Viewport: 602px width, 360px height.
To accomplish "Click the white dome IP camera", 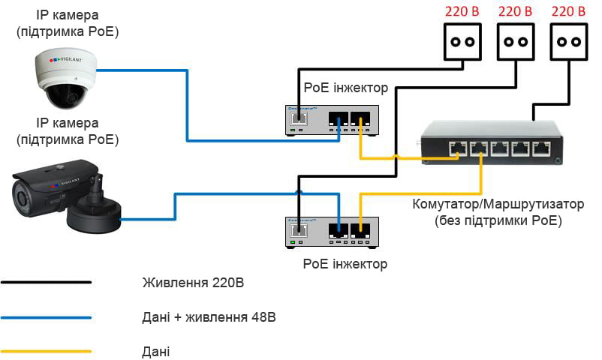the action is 65,78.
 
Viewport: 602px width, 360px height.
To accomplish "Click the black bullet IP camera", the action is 66,196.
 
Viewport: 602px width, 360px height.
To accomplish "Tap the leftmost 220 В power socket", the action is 462,42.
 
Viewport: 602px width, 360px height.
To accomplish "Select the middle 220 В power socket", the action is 516,42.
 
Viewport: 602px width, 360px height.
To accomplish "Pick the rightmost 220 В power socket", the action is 569,42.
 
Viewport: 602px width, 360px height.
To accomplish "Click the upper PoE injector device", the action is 332,121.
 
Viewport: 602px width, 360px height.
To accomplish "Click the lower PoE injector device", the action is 332,232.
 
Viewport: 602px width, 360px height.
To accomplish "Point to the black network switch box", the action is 492,142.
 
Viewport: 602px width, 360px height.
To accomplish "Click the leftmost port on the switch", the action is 458,149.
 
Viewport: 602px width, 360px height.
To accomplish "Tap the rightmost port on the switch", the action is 541,149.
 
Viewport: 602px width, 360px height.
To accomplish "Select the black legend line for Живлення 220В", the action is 46,283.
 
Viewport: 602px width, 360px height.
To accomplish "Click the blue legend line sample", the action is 46,317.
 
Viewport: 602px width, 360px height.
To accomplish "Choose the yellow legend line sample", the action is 46,351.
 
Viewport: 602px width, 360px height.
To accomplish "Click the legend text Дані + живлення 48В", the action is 209,317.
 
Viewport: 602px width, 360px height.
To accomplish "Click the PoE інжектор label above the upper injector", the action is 345,88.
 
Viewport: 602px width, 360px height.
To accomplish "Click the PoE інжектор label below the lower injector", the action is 345,264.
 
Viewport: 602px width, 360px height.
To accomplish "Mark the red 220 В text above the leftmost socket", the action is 462,11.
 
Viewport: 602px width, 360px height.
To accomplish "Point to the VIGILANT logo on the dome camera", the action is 65,60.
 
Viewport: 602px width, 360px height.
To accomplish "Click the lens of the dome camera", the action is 68,96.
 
